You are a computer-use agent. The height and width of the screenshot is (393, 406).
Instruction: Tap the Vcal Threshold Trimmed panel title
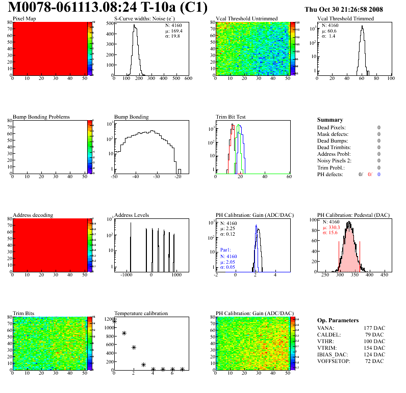click(x=345, y=19)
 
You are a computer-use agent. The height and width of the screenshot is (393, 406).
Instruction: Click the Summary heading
click(x=330, y=120)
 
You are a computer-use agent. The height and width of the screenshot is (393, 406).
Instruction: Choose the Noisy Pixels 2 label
click(x=335, y=161)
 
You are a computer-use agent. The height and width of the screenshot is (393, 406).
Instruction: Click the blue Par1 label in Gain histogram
click(x=226, y=250)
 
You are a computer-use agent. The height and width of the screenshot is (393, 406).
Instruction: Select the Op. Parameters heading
click(x=338, y=320)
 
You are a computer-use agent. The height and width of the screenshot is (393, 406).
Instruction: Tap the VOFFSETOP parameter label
click(x=334, y=361)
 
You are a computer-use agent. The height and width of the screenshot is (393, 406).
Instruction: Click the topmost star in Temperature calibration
click(x=115, y=321)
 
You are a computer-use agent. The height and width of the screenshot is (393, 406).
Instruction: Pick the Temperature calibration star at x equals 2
click(x=134, y=347)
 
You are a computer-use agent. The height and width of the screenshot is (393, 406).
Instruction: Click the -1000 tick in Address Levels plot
click(x=126, y=275)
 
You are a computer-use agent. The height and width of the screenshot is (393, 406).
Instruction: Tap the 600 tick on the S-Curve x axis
click(x=188, y=79)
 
